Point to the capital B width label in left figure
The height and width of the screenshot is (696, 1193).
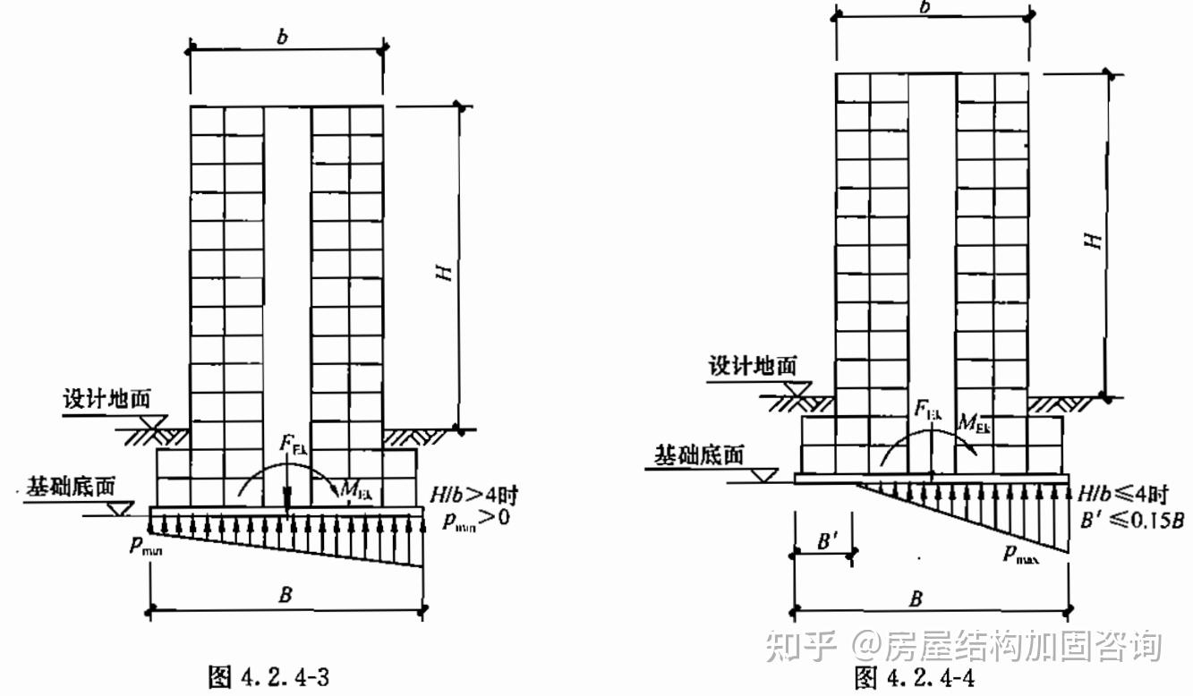(x=285, y=596)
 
